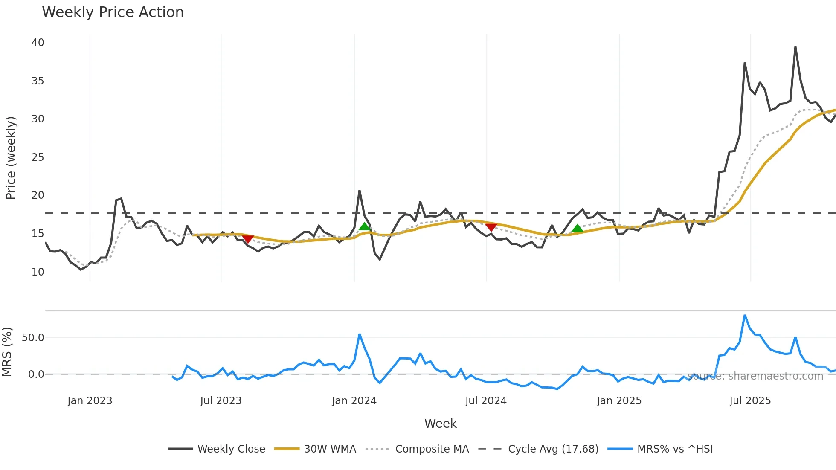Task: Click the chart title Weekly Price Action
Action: point(113,12)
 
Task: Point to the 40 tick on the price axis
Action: point(38,43)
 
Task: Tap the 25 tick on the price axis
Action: point(38,157)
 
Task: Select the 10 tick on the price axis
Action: point(38,272)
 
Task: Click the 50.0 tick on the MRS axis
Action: point(33,338)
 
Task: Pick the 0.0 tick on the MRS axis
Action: point(36,374)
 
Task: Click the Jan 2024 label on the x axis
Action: point(354,401)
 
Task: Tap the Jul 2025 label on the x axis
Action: point(750,401)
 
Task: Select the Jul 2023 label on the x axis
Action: point(221,401)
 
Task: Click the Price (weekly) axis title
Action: point(11,158)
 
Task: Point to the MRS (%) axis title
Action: point(7,352)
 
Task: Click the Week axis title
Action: point(440,424)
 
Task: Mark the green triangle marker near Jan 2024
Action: point(365,226)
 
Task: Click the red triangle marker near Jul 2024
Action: point(491,227)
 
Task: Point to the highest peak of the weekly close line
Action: point(795,47)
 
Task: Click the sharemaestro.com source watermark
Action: point(755,376)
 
